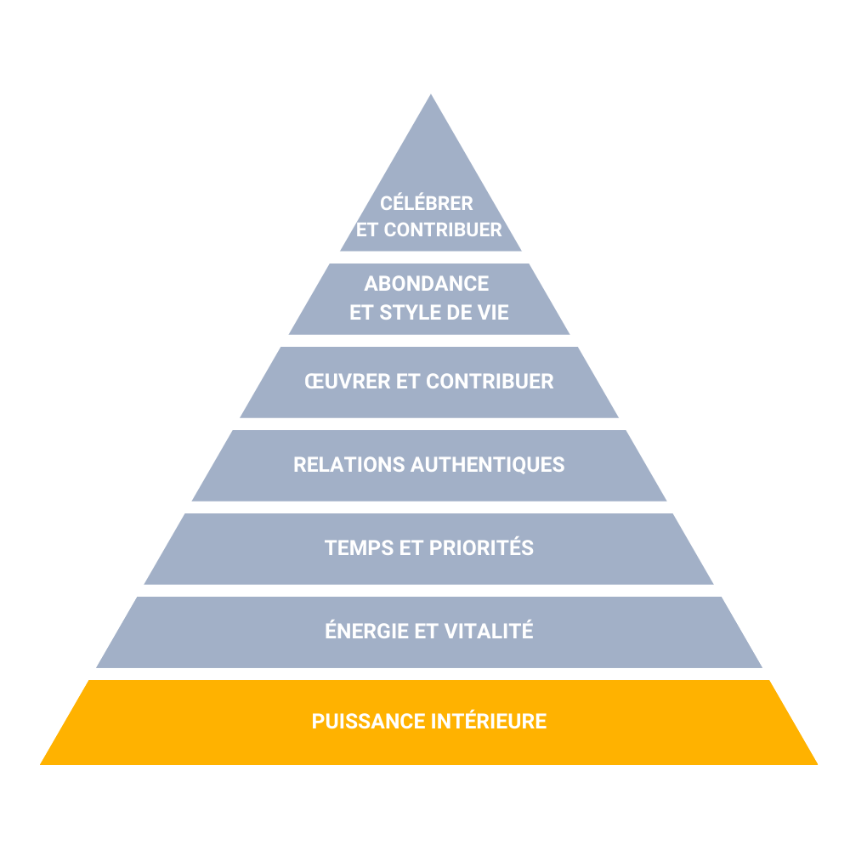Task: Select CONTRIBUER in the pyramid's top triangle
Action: pyautogui.click(x=443, y=229)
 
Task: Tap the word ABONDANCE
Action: pyautogui.click(x=427, y=284)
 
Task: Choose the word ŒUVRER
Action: pyautogui.click(x=348, y=381)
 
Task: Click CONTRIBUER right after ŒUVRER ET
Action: pyautogui.click(x=490, y=381)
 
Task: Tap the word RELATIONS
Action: pyautogui.click(x=349, y=465)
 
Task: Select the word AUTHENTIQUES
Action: pyautogui.click(x=488, y=465)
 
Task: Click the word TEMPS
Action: pyautogui.click(x=359, y=547)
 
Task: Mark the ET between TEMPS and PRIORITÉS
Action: pyautogui.click(x=411, y=547)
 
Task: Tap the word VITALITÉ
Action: pyautogui.click(x=489, y=630)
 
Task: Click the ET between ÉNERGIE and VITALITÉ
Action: pyautogui.click(x=427, y=631)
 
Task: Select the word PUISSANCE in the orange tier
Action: pyautogui.click(x=369, y=721)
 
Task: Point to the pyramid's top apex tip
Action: pyautogui.click(x=431, y=94)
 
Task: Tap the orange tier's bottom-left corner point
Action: pyautogui.click(x=40, y=765)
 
